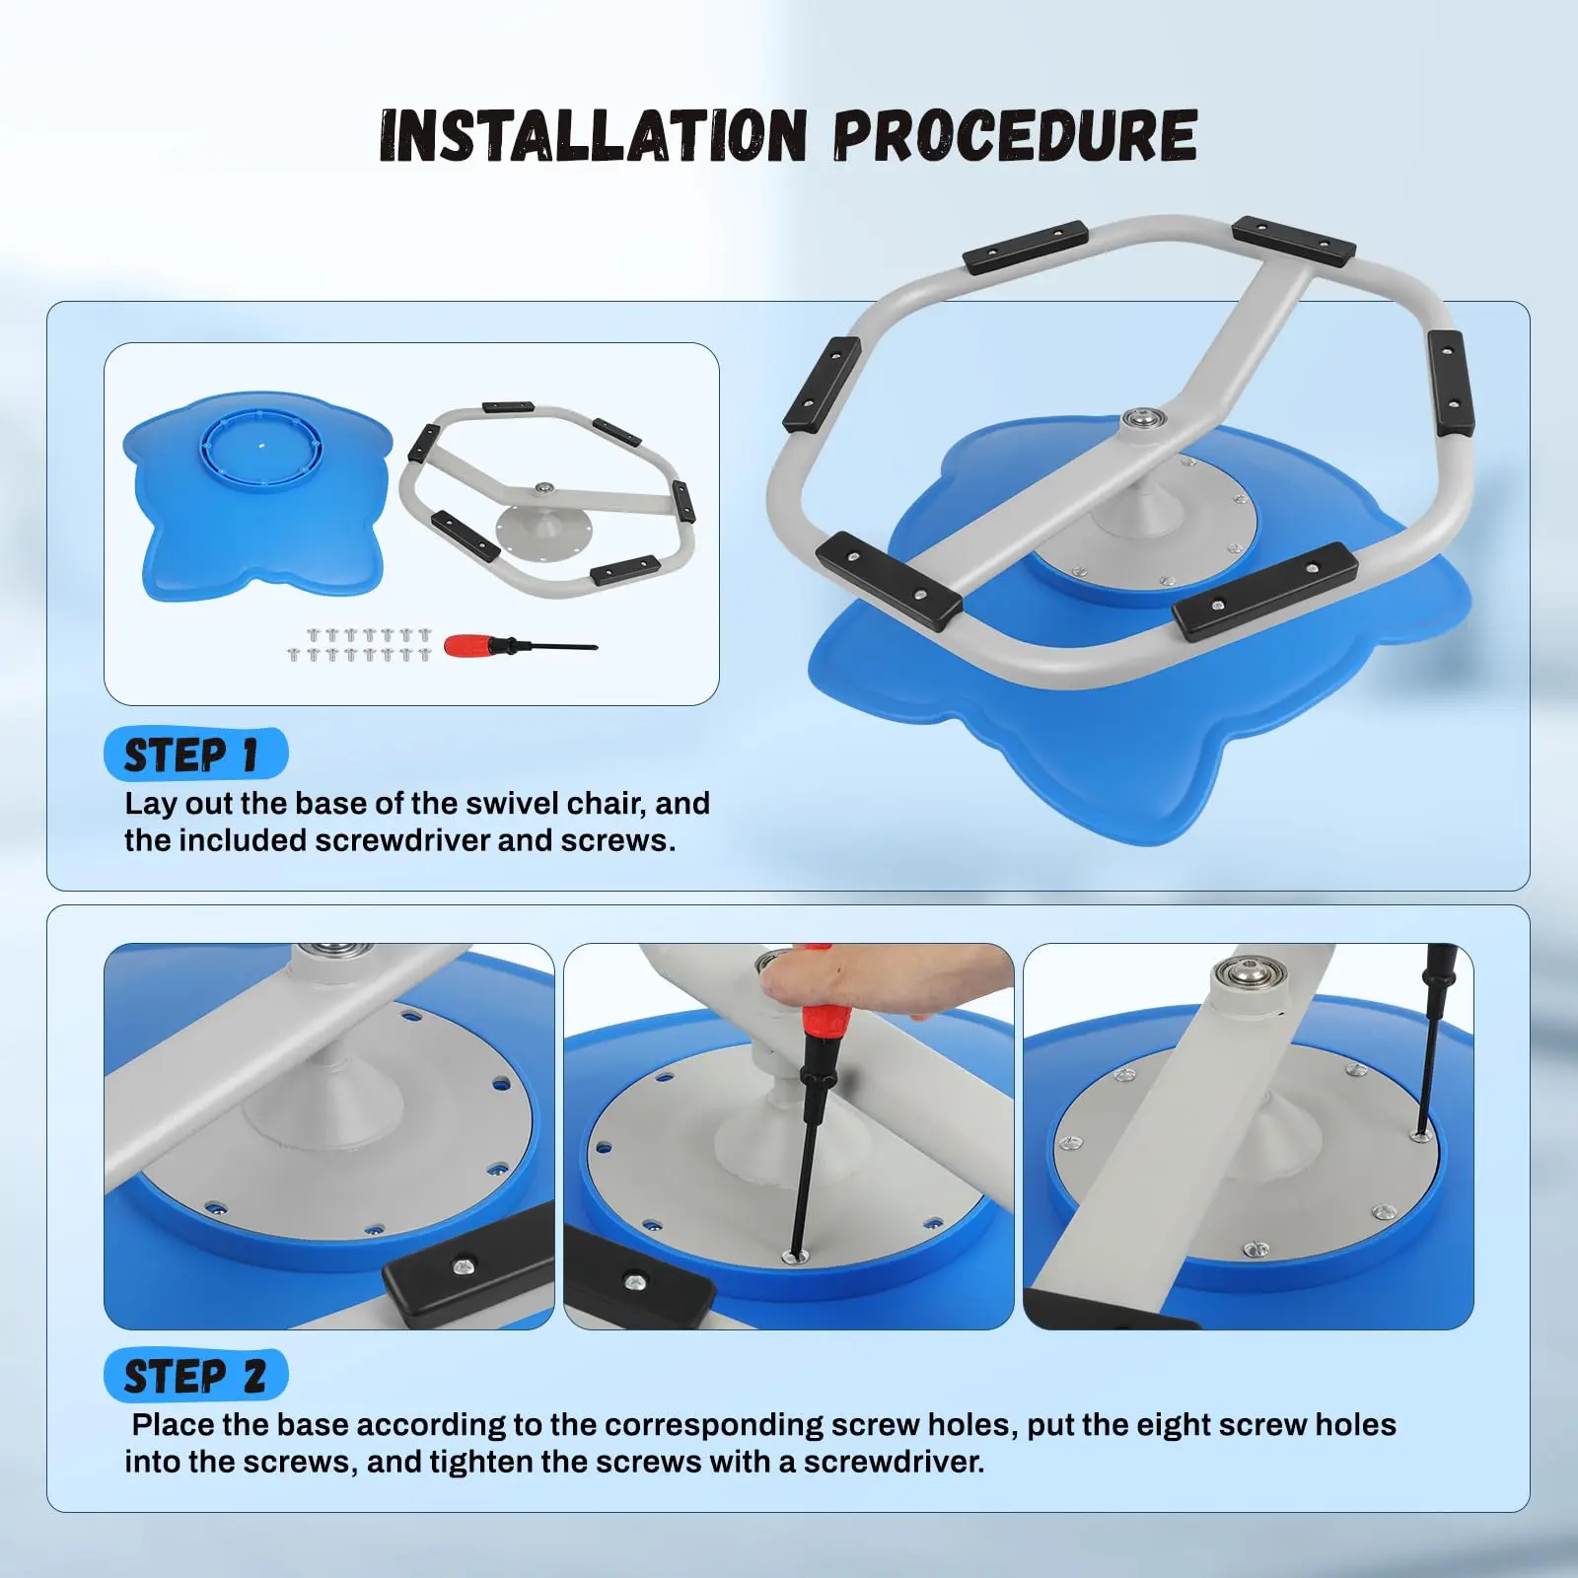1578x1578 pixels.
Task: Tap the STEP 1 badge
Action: tap(195, 754)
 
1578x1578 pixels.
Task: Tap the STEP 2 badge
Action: tap(195, 1375)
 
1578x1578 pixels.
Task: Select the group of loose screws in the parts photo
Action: tap(359, 644)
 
